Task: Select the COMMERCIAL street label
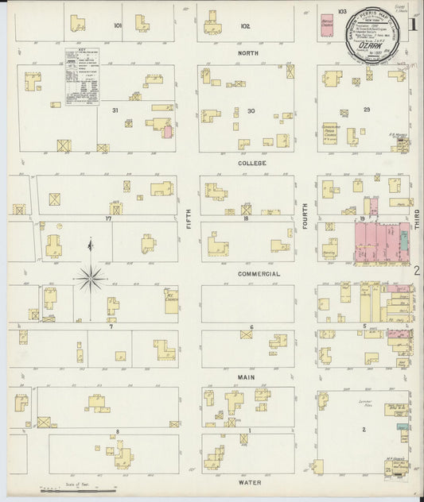point(259,273)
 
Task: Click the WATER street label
point(249,481)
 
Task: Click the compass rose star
point(91,277)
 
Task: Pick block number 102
point(245,26)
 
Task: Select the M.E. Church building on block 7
point(171,302)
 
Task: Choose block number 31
point(115,110)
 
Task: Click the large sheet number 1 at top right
point(413,25)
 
